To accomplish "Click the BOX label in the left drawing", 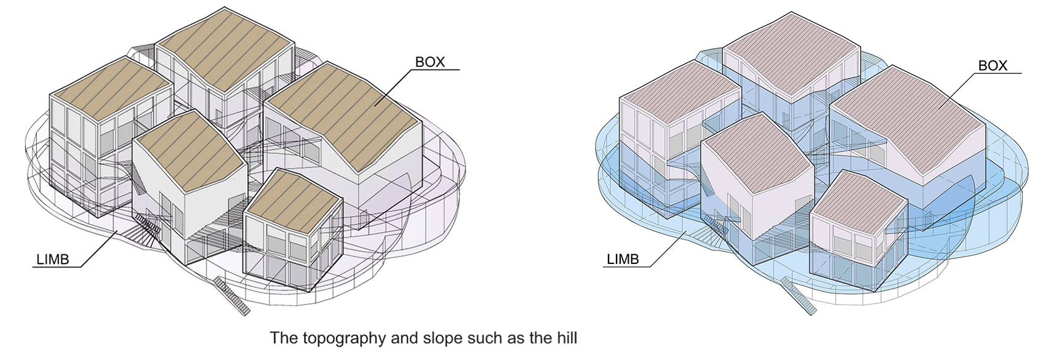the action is (429, 62).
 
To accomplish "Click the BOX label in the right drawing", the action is (992, 65).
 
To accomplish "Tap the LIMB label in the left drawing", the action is (53, 259).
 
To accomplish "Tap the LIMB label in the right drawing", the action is (623, 259).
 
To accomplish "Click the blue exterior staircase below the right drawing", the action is (799, 295).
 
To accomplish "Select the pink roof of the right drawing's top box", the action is (792, 54).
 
